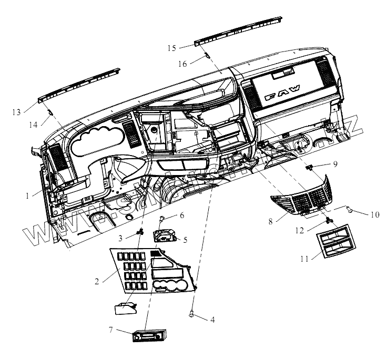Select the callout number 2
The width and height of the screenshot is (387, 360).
pos(97,281)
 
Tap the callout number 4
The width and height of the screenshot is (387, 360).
pos(212,320)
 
